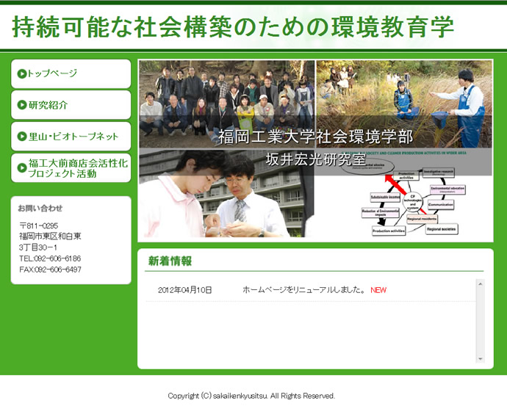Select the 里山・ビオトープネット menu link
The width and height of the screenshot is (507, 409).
(x=73, y=137)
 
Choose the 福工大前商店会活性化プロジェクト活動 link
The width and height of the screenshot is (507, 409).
(x=77, y=168)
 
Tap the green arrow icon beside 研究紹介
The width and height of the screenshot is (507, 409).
(x=22, y=105)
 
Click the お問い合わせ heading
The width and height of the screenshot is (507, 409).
(x=40, y=208)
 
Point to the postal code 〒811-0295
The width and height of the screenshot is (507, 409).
(x=39, y=225)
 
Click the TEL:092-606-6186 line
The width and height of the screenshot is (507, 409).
(x=50, y=258)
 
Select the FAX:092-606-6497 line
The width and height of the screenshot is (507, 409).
(x=50, y=269)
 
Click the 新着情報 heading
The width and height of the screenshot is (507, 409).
(x=170, y=261)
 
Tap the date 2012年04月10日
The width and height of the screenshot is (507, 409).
(x=185, y=290)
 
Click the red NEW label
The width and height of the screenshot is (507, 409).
(x=378, y=290)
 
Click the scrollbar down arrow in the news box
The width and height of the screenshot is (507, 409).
(x=481, y=359)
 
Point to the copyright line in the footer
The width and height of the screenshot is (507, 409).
(x=251, y=396)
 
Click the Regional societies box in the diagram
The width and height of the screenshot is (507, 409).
(x=441, y=229)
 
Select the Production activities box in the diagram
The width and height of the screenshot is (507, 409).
(x=389, y=231)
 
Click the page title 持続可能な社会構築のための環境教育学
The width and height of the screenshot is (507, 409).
(x=233, y=26)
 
